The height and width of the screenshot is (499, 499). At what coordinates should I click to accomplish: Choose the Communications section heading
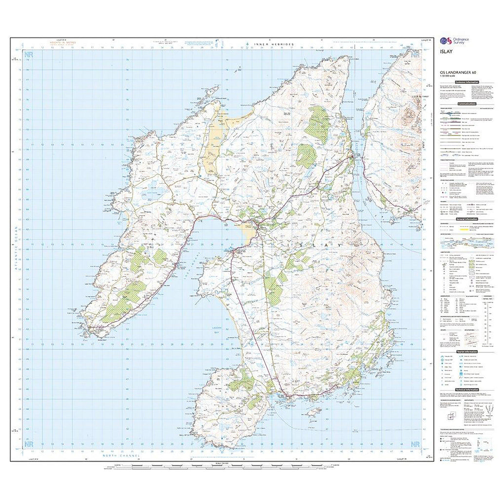click(x=467, y=104)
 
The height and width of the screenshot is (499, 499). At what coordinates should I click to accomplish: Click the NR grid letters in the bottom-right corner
click(x=415, y=444)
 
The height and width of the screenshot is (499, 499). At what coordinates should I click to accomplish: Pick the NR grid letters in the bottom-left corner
click(x=29, y=444)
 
